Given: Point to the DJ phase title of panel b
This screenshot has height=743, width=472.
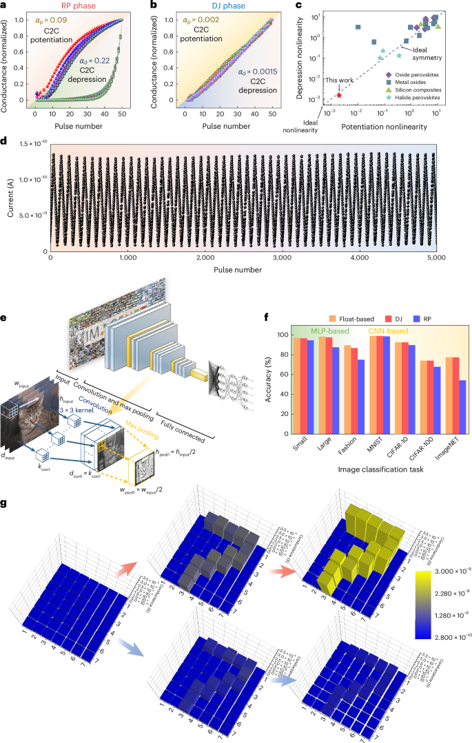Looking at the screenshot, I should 234,5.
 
